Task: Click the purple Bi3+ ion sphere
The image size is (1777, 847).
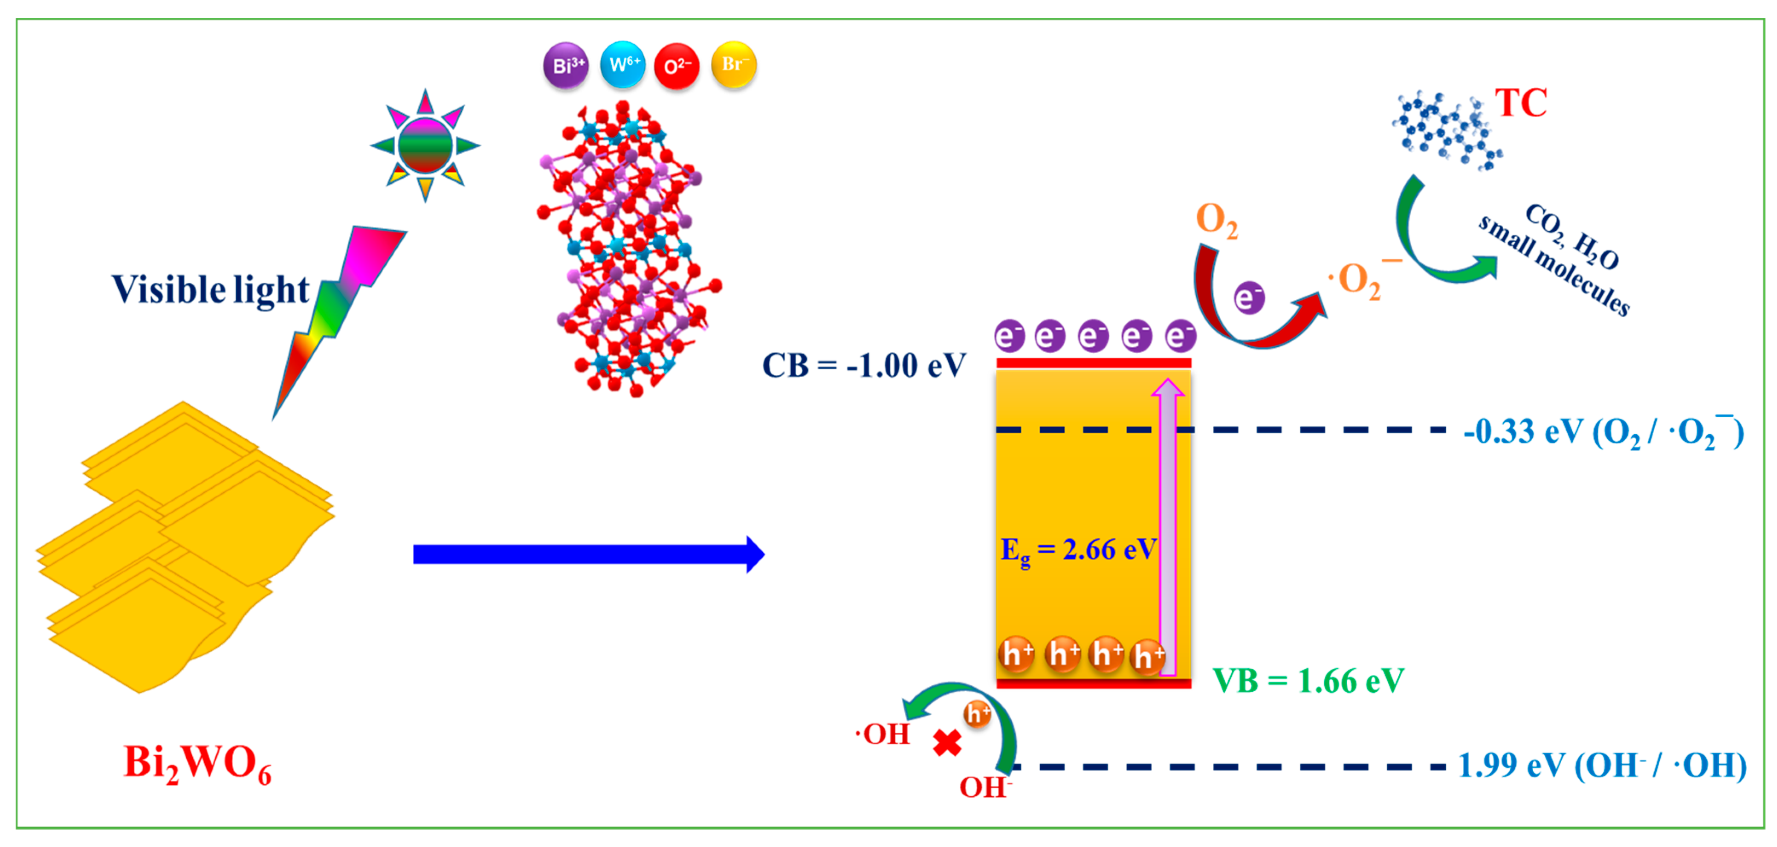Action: click(566, 66)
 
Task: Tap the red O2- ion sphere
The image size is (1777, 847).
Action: click(677, 66)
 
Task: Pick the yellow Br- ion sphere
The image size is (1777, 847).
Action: click(733, 65)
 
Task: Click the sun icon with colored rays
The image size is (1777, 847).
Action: click(425, 146)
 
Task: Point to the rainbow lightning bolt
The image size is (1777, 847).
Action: click(338, 310)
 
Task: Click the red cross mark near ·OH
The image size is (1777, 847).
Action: click(947, 743)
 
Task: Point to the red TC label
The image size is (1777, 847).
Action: click(1520, 104)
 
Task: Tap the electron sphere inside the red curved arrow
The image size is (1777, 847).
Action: click(1249, 298)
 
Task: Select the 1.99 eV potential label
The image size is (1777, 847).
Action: click(1602, 766)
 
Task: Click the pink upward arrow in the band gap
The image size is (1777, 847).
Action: click(1167, 525)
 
